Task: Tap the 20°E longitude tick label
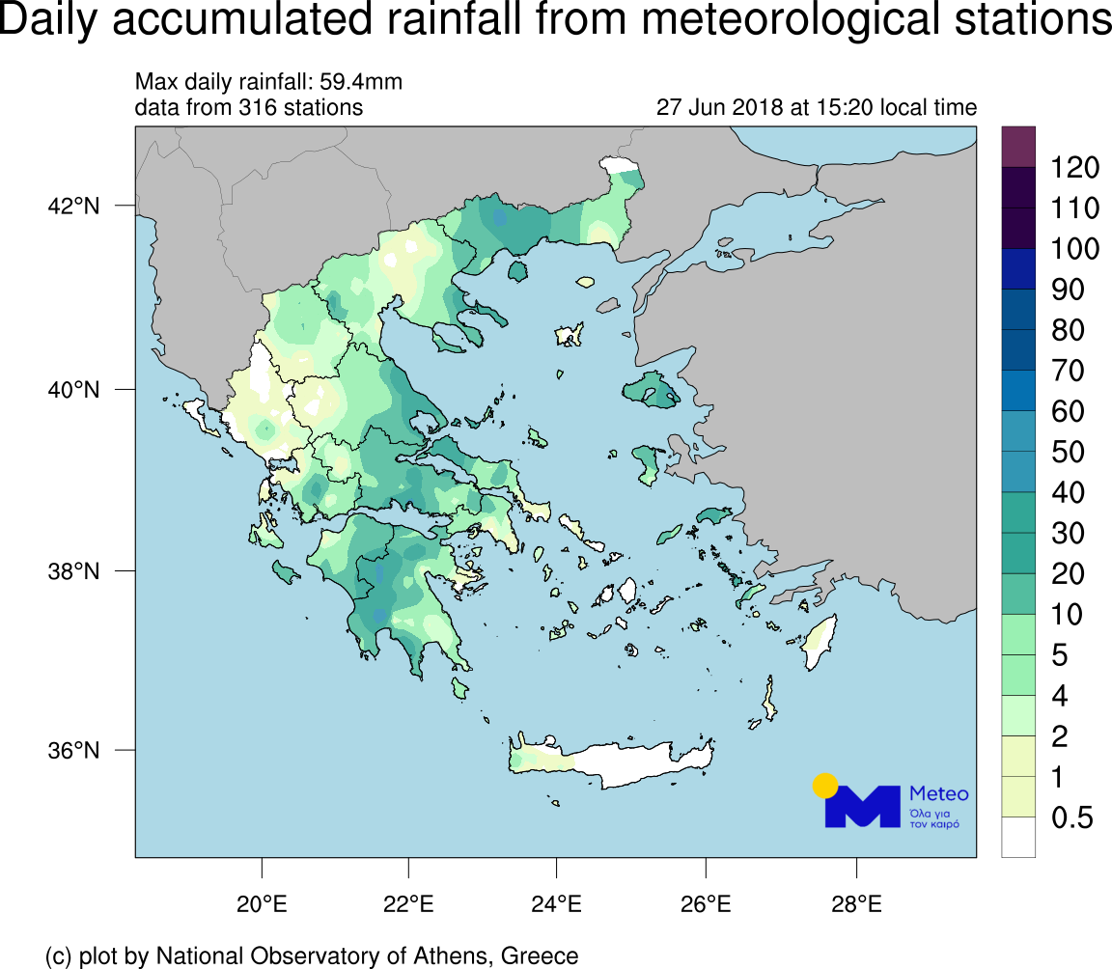(x=262, y=905)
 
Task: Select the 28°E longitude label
(x=857, y=905)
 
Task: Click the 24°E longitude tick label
(x=557, y=905)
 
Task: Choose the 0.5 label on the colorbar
(x=1071, y=818)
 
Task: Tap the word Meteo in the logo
(x=938, y=793)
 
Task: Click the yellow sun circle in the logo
(x=824, y=785)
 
